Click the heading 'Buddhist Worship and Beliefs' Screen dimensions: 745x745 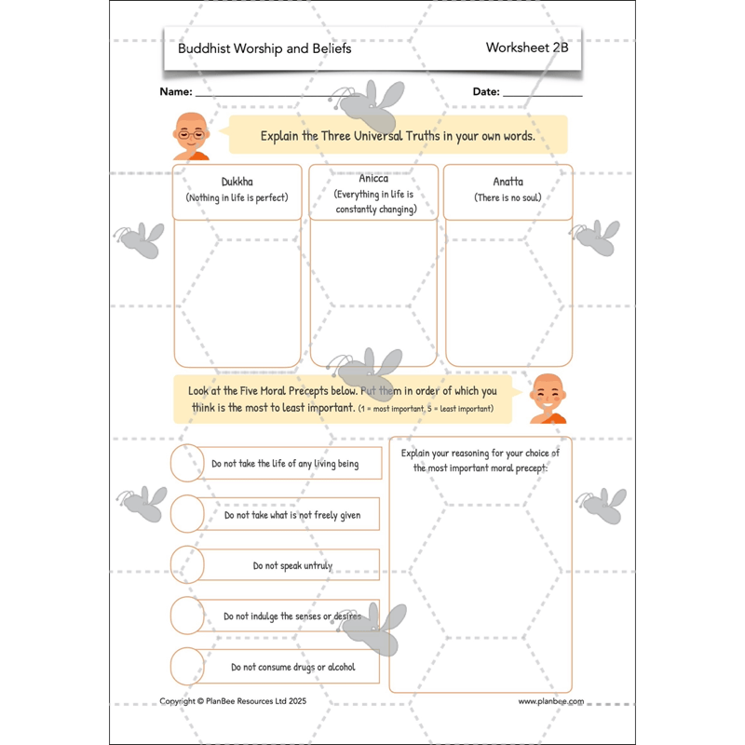tap(264, 48)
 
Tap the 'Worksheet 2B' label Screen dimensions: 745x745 tap(526, 47)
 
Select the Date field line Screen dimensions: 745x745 tap(542, 95)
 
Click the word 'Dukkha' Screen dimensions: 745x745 tap(237, 183)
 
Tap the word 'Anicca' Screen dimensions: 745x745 tap(373, 179)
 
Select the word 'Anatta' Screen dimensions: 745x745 tap(508, 183)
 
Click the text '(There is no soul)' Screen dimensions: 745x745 tap(508, 198)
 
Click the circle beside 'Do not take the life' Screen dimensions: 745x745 tap(187, 463)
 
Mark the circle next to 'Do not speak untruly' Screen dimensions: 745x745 tap(187, 564)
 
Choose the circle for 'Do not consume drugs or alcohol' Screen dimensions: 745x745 tap(187, 667)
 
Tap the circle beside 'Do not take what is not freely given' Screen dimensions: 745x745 tap(187, 513)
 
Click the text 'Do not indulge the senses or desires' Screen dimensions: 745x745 tap(291, 616)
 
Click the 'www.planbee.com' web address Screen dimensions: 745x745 tap(551, 701)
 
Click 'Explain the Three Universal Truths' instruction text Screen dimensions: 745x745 tap(398, 136)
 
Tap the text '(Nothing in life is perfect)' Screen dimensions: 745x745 tap(237, 198)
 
